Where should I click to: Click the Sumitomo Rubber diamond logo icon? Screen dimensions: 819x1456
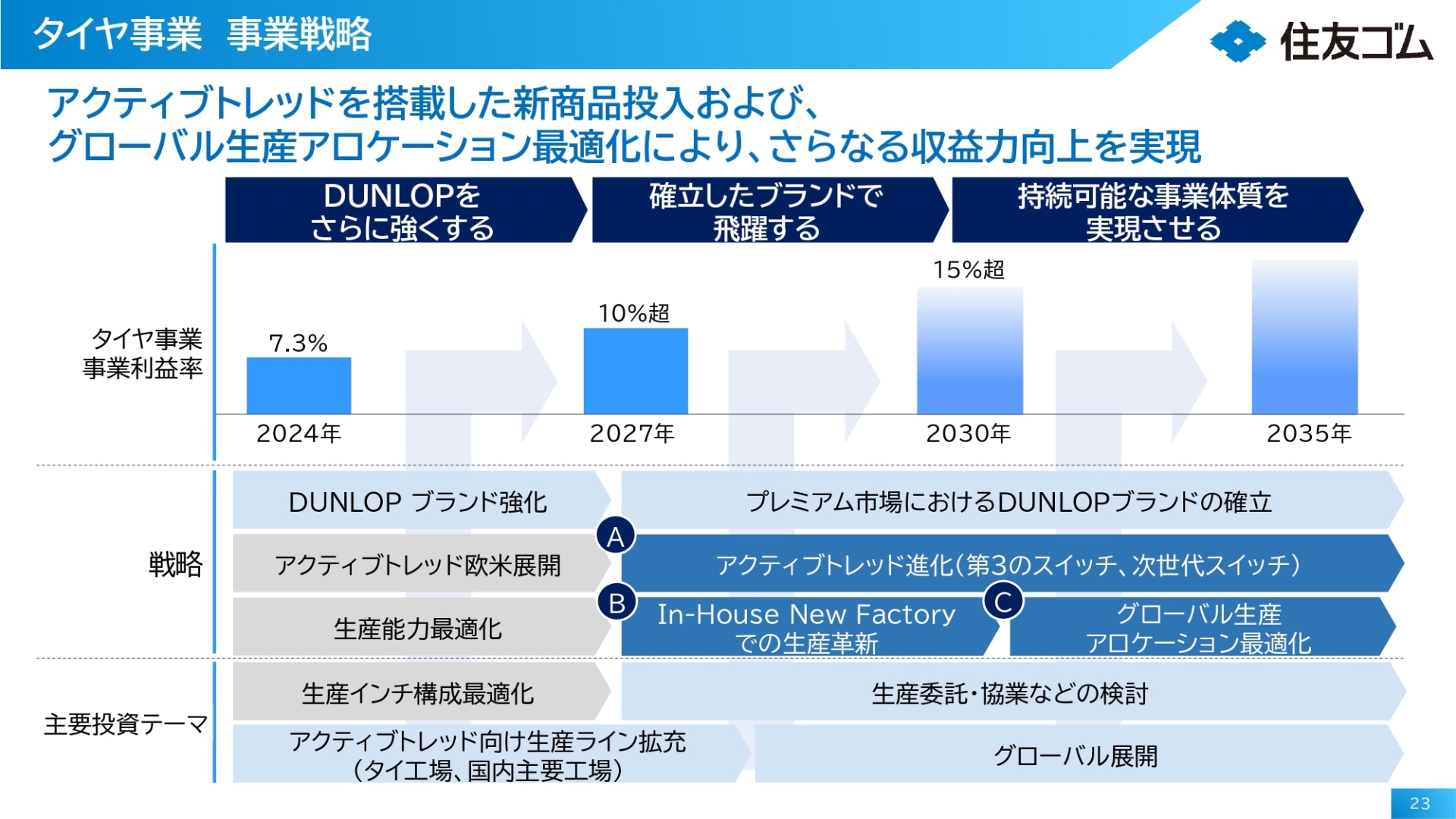[1238, 41]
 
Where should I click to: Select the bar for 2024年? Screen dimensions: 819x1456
[299, 385]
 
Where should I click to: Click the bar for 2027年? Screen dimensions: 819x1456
[635, 371]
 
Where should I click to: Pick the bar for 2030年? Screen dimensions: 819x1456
[970, 350]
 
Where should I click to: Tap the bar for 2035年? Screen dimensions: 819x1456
[1304, 337]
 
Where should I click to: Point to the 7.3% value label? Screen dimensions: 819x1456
[298, 344]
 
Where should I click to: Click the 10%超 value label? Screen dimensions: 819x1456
[634, 313]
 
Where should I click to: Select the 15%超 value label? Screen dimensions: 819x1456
[968, 270]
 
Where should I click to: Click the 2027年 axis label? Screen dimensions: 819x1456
[632, 434]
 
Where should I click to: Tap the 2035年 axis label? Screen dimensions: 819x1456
[1309, 434]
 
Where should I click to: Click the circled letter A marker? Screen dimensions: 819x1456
[616, 537]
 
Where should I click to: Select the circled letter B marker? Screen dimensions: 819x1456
[617, 603]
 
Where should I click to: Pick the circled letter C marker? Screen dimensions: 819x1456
[1003, 602]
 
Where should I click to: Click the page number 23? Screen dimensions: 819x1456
[1420, 804]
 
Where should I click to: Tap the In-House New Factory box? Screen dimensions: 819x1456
[806, 628]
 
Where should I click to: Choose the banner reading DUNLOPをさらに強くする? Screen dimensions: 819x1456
[402, 211]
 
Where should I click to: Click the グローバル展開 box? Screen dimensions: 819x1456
[1075, 755]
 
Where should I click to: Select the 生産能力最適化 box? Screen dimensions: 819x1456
[417, 629]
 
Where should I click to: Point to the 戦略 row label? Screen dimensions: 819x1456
[175, 564]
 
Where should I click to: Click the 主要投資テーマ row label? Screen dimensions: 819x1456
[126, 724]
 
